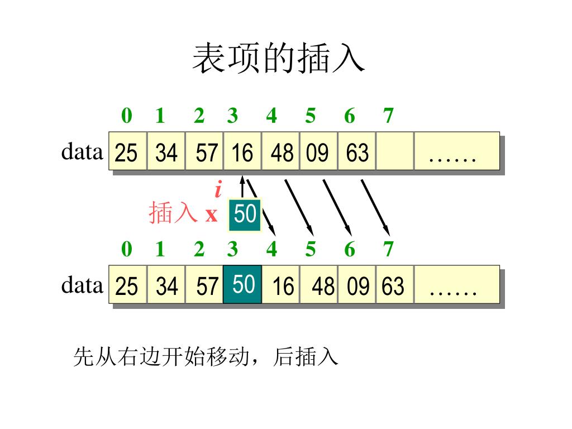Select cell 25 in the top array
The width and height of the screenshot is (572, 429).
point(127,151)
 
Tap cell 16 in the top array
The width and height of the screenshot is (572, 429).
point(242,151)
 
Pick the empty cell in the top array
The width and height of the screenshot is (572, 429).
point(394,151)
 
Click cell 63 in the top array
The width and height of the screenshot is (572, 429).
point(357,151)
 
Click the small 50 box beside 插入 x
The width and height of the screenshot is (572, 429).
point(245,214)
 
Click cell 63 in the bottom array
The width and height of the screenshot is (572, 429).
point(394,285)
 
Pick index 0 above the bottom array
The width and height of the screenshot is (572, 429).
point(127,249)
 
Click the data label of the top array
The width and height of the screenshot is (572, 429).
point(82,151)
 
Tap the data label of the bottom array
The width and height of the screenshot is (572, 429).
point(82,285)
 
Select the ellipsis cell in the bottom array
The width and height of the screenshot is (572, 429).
point(456,285)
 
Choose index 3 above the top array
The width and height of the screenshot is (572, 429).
point(232,116)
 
